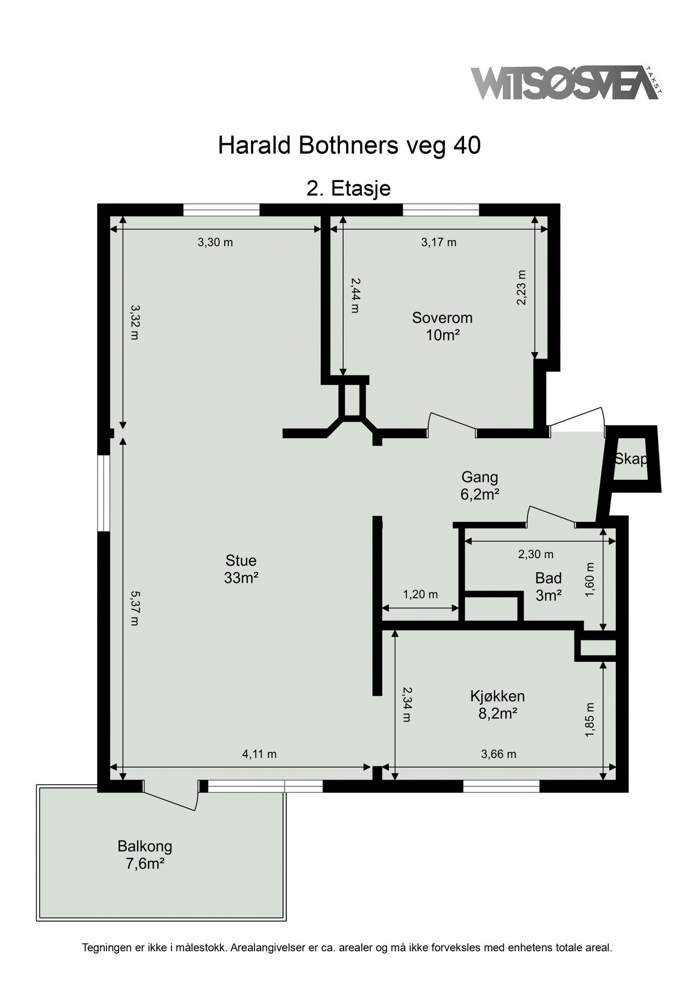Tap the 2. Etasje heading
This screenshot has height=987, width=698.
349,188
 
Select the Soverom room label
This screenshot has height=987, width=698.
442,326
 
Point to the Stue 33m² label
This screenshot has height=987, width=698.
241,569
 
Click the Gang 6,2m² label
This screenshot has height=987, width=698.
480,486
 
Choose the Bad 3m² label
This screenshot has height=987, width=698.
548,586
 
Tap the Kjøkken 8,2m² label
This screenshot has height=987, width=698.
497,704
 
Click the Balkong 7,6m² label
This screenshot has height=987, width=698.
145,855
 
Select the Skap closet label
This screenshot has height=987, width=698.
631,459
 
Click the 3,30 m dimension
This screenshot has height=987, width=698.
215,242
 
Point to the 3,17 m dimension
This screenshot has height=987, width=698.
439,242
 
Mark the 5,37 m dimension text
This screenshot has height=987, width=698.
134,608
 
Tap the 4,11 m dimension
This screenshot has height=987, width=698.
259,754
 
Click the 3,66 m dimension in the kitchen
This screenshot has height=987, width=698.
498,754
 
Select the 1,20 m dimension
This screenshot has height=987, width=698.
421,594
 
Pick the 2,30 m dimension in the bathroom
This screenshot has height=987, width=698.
536,554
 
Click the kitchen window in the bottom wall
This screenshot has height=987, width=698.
502,786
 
